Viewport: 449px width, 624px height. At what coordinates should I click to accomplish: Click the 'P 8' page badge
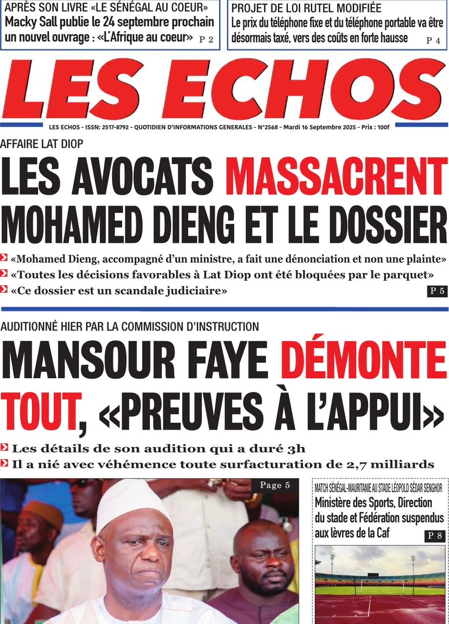coord(434,536)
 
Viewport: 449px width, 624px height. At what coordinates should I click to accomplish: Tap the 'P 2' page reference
coord(206,40)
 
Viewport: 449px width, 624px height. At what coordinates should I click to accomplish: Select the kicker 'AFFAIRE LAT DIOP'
coord(42,144)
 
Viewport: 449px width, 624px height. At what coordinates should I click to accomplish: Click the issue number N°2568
coord(265,127)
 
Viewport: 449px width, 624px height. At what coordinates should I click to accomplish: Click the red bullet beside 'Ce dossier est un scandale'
coord(4,291)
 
